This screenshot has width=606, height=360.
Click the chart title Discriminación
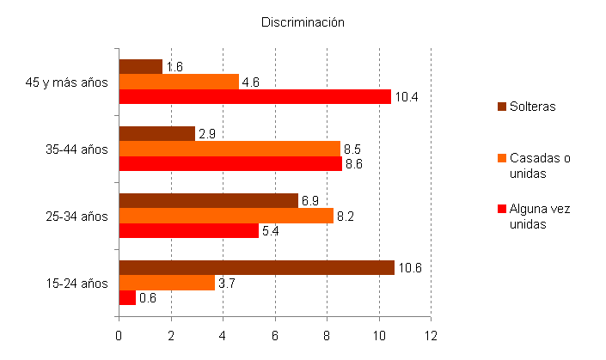(303, 22)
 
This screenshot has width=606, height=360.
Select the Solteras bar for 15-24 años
(256, 267)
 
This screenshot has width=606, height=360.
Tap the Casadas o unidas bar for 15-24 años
(166, 282)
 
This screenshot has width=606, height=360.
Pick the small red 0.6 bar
(126, 297)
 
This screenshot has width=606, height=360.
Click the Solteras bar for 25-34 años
(208, 200)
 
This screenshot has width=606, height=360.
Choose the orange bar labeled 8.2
(225, 215)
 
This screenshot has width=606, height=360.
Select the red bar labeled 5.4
(188, 230)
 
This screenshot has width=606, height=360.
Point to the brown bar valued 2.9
(156, 133)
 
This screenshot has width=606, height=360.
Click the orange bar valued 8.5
(229, 148)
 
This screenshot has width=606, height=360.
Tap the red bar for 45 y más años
(254, 96)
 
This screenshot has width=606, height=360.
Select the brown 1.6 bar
(139, 66)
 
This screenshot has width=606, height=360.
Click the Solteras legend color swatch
(502, 107)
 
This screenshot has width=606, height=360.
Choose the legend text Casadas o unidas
(541, 165)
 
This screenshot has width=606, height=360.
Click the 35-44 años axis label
(77, 149)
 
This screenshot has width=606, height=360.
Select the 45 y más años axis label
(67, 82)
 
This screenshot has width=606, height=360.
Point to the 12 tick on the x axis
(431, 336)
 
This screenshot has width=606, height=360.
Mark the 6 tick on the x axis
(275, 336)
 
